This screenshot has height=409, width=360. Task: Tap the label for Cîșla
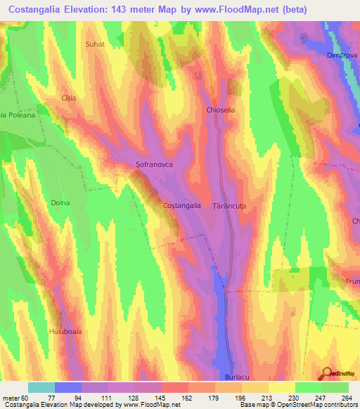click(68, 98)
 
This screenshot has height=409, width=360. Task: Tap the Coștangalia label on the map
click(182, 205)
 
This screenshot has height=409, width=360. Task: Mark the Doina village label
click(60, 202)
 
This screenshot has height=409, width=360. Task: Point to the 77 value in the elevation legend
click(70, 397)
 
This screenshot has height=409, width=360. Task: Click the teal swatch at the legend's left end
click(41, 387)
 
